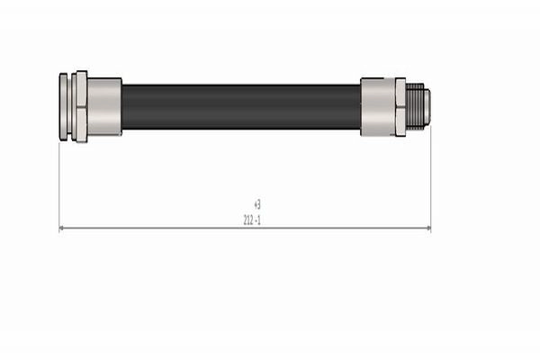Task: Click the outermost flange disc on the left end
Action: point(63,107)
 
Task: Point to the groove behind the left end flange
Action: point(69,107)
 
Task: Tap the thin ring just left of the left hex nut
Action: point(74,107)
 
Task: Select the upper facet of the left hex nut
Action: point(82,89)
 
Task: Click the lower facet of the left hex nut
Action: point(82,125)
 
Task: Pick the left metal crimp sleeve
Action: point(104,107)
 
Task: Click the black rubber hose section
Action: point(241,107)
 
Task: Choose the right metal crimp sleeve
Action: point(378,107)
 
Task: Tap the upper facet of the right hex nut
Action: point(400,93)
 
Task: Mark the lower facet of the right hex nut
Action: point(400,122)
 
